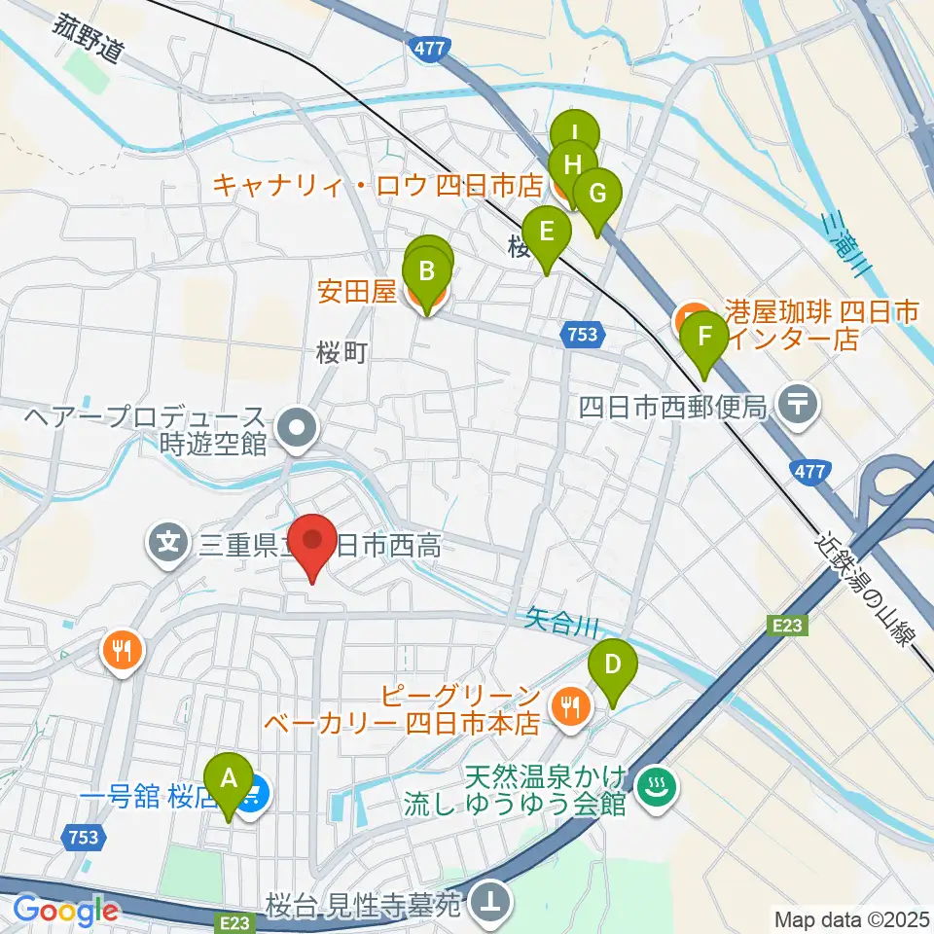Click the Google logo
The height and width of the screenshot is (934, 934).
(66, 910)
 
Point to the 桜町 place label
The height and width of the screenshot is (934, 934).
(341, 352)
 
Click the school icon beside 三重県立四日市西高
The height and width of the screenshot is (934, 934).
(168, 537)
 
